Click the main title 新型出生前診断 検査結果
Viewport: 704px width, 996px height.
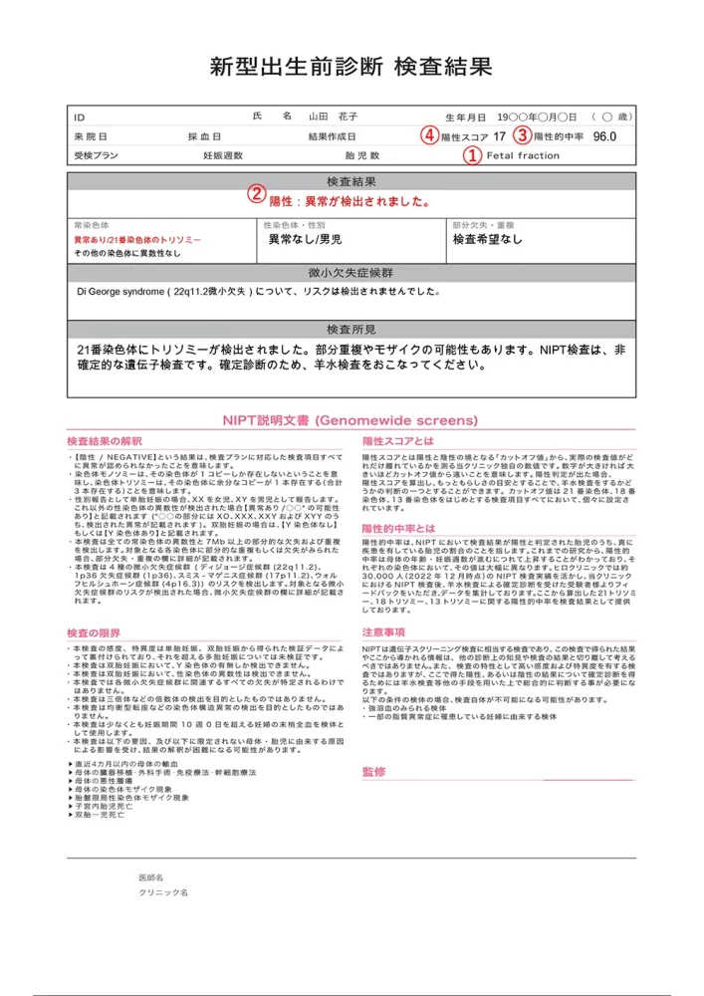click(x=352, y=68)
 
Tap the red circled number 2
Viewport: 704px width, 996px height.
click(x=256, y=195)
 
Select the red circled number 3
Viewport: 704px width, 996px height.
click(x=522, y=135)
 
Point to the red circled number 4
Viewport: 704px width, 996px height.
click(x=428, y=135)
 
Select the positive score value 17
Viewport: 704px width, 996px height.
click(x=499, y=136)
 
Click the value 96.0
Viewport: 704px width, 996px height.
click(x=604, y=136)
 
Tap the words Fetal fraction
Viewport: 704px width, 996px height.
click(x=523, y=156)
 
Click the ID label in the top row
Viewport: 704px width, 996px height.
click(x=80, y=117)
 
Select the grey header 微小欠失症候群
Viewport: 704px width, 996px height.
click(x=352, y=273)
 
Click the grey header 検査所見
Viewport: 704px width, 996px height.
click(x=352, y=329)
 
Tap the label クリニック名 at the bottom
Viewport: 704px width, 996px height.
click(x=163, y=892)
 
